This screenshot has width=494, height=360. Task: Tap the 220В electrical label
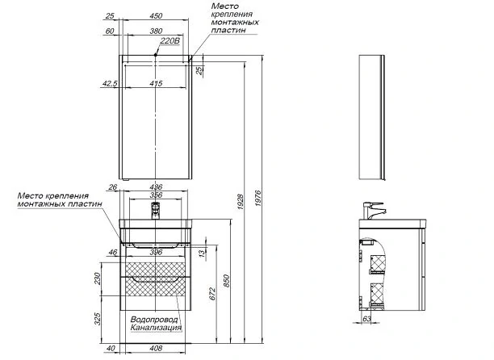pos(169,40)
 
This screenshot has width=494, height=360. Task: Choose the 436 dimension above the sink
pos(159,187)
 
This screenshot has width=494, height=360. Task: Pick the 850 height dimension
pos(227,287)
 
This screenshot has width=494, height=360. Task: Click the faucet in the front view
pos(156,211)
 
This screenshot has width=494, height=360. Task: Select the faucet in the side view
pos(373,207)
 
